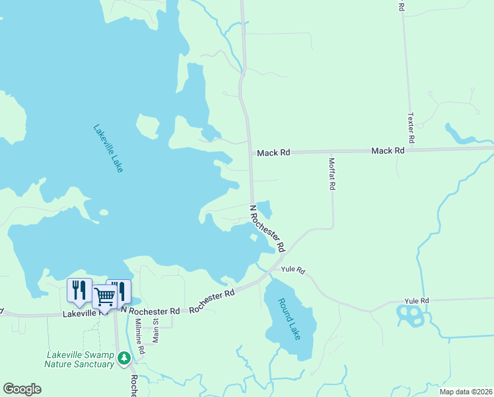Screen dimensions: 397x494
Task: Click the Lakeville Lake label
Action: point(108,149)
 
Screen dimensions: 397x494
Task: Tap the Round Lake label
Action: point(289,319)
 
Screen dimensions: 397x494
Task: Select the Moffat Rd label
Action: point(332,173)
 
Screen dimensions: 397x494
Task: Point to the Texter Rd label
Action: point(411,128)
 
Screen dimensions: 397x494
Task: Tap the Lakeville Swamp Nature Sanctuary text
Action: point(79,359)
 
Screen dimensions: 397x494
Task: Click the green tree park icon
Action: point(123,358)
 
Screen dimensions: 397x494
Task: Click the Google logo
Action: point(22,389)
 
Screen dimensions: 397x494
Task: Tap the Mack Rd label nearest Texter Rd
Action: point(388,151)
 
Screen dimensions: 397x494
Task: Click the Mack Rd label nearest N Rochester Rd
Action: point(273,153)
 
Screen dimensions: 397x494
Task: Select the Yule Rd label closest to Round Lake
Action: point(293,270)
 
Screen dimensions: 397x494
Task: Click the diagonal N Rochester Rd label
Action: point(267,228)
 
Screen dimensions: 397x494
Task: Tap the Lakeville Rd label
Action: point(81,314)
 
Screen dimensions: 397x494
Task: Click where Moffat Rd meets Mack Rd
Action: point(330,152)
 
